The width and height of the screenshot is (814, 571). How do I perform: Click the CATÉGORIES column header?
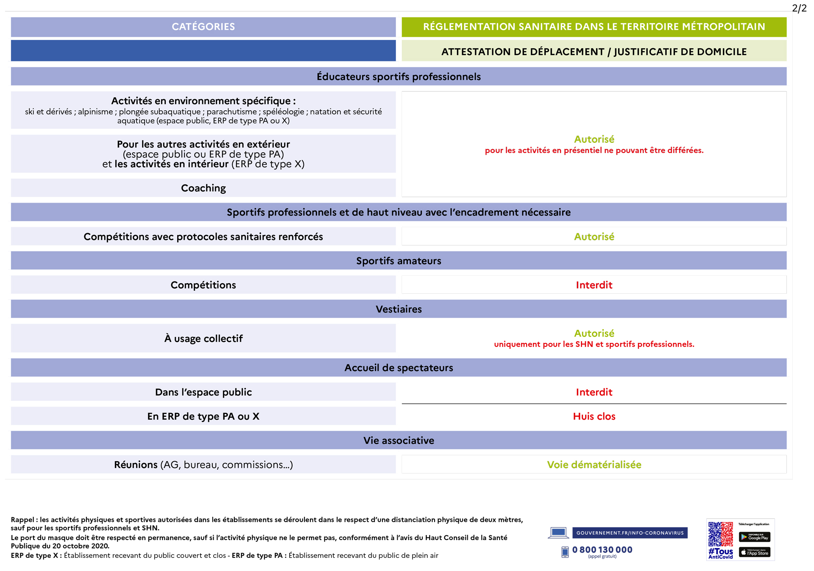[x=203, y=27]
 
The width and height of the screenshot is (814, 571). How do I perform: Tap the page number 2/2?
[x=799, y=8]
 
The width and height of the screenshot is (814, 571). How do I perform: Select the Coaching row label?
[x=203, y=188]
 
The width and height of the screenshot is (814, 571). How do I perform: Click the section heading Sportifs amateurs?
[x=399, y=261]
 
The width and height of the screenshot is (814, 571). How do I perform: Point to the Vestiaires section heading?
[x=399, y=309]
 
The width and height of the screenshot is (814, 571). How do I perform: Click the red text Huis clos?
[x=594, y=416]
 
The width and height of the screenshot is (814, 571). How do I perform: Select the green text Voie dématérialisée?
[x=594, y=465]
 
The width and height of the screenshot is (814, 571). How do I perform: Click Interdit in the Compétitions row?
[x=594, y=285]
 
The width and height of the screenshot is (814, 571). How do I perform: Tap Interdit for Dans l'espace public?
[x=594, y=392]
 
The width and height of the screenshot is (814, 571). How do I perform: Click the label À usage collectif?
[x=203, y=339]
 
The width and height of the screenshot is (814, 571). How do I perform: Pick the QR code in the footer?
[x=720, y=534]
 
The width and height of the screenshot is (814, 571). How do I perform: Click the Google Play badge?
[x=754, y=537]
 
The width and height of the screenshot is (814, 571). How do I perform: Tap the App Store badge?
[x=754, y=552]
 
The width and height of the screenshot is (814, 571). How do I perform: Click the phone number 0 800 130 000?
[x=602, y=550]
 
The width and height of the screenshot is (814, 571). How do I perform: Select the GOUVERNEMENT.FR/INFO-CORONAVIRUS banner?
[x=630, y=533]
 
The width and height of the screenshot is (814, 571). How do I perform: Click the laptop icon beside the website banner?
[x=558, y=533]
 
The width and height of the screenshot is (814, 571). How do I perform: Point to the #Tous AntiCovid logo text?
[x=720, y=553]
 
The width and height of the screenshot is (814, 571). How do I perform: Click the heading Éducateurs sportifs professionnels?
[x=399, y=77]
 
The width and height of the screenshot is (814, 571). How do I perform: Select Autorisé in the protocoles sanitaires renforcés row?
[x=594, y=237]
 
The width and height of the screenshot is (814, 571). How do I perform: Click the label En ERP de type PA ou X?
[x=203, y=416]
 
